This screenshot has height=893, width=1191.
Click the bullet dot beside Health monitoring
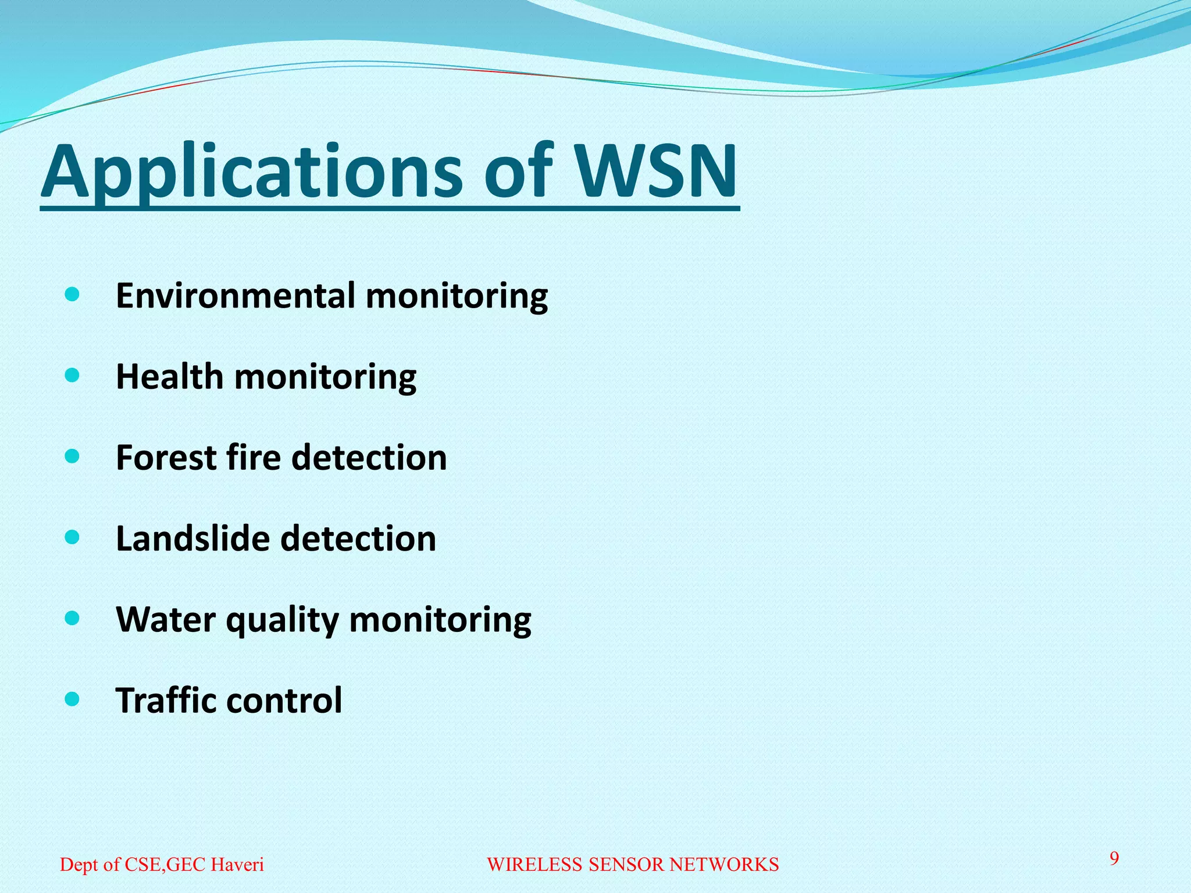tap(72, 376)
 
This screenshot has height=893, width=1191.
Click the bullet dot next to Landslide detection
tap(72, 538)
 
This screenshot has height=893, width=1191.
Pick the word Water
tap(166, 619)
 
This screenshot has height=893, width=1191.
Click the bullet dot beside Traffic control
tap(72, 699)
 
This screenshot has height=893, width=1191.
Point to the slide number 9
tap(1114, 858)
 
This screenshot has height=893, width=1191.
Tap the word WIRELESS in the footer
tap(534, 865)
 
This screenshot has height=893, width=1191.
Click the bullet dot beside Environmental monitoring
tap(72, 295)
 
